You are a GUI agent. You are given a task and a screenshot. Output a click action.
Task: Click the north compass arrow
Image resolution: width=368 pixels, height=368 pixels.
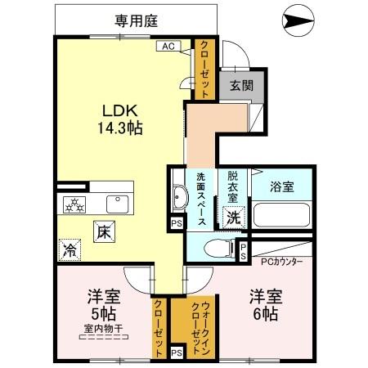point(295,18)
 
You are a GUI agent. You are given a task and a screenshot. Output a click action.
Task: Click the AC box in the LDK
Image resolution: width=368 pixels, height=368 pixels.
point(168,47)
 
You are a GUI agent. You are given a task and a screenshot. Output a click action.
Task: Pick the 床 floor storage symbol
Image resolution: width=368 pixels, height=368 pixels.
point(104,231)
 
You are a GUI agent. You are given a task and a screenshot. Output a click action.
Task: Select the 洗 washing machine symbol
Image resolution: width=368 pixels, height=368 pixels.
point(233,218)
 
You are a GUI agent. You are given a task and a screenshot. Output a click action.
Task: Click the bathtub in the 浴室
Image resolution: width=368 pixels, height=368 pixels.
point(283,216)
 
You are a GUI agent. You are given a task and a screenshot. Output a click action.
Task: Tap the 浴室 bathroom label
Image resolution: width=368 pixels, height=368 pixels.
point(282,186)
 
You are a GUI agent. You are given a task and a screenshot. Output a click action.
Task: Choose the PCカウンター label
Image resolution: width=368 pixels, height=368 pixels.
point(281,262)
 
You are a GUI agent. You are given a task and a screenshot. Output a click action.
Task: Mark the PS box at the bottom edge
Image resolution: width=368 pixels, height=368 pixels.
point(177,352)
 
